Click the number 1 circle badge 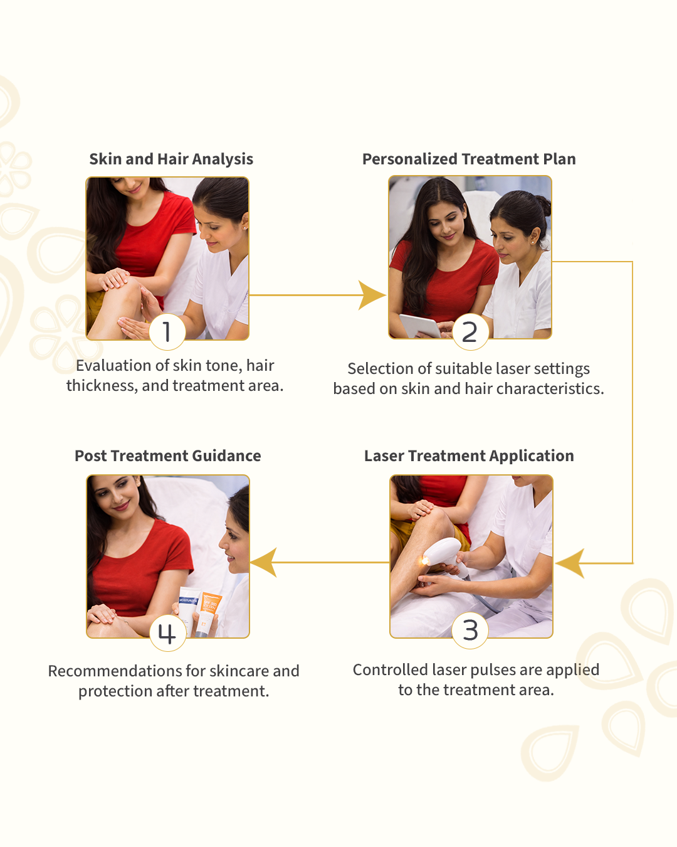point(167,331)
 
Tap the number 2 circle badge point(470,331)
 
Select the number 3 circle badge point(470,631)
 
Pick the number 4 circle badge point(167,633)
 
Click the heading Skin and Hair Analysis point(171,159)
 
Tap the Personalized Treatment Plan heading point(469,159)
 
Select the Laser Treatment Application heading point(469,456)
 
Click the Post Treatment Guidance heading point(168,456)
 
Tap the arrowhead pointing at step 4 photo point(265,562)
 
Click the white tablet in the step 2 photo point(420,325)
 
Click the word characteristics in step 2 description point(550,389)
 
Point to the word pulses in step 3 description point(493,670)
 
